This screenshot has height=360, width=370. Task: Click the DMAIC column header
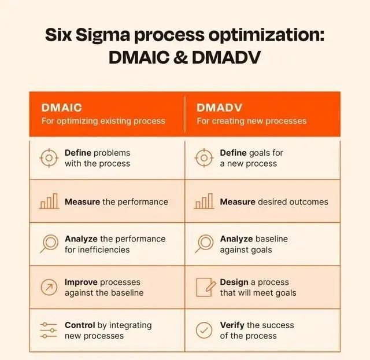62,108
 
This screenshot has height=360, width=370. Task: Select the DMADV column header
219,108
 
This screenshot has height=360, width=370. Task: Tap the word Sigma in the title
103,35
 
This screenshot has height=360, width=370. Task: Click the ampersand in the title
181,57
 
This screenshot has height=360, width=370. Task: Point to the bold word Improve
81,282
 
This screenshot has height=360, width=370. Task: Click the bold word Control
80,325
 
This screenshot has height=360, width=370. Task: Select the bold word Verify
232,325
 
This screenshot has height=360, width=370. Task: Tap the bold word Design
234,282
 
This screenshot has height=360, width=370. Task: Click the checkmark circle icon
204,330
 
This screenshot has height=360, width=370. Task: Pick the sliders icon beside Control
49,330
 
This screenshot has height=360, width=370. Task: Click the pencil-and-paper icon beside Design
206,287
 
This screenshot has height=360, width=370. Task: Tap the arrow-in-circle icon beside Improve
49,287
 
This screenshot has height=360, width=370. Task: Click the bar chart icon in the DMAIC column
49,201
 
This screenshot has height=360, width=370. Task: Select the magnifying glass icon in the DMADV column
204,244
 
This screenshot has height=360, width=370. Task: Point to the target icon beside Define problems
49,158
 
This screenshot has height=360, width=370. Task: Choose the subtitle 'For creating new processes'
251,121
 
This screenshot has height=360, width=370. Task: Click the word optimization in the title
266,35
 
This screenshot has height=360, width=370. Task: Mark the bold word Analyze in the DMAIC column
81,239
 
